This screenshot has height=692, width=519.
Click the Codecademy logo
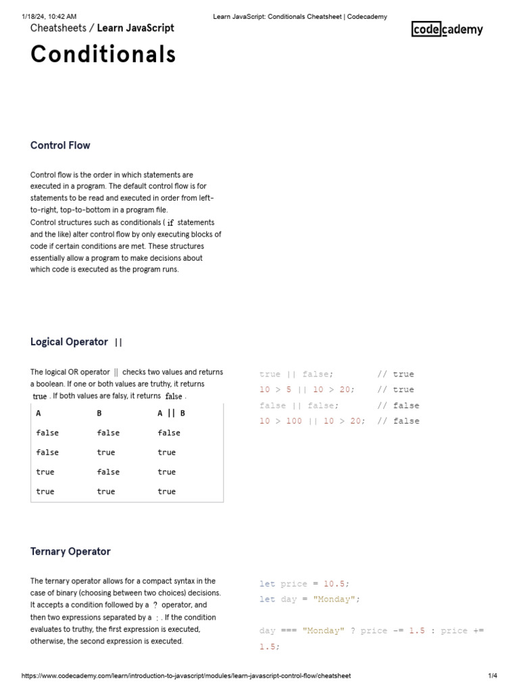447,29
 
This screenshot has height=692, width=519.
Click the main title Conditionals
103,54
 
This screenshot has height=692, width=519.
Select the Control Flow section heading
60,145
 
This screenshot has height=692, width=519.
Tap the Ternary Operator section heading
70,551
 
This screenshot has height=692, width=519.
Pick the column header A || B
171,413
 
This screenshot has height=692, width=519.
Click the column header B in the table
99,413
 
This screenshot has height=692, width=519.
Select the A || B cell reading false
169,432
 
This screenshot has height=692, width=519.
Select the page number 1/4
492,676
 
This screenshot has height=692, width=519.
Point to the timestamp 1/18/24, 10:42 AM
49,16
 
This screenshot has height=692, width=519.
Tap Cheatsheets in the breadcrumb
58,28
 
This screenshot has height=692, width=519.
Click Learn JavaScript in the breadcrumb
135,28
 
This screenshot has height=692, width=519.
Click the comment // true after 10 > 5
395,389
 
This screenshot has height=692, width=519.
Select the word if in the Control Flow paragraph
170,222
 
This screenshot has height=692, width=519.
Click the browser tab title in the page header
300,16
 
